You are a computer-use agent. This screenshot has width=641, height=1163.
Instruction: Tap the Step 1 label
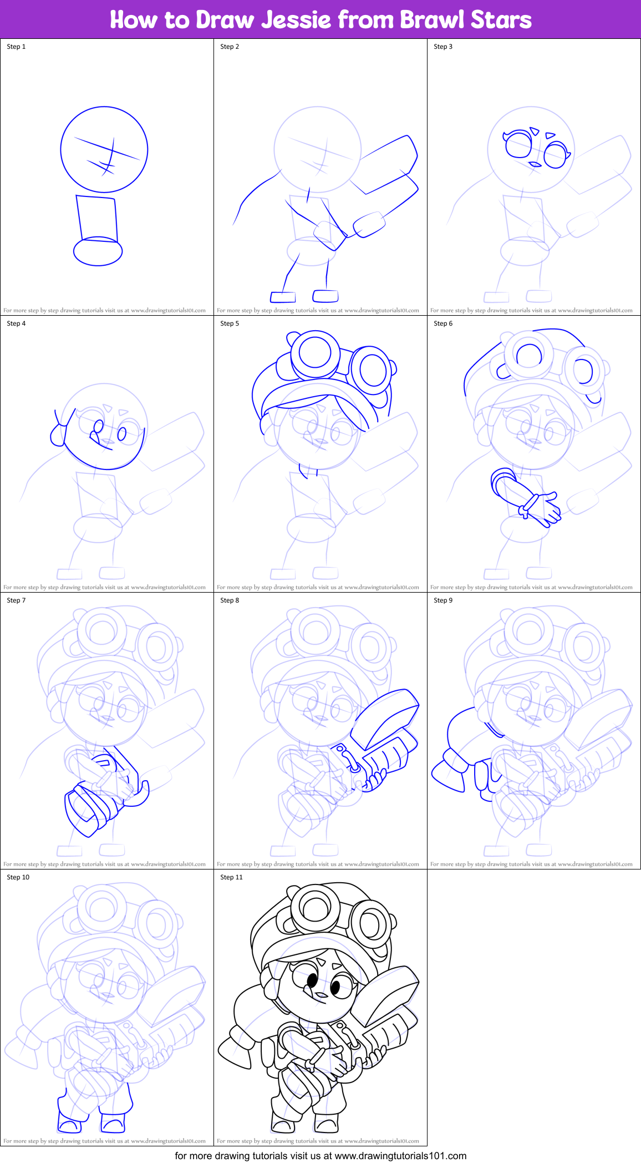point(16,47)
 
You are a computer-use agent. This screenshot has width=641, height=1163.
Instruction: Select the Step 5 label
point(230,323)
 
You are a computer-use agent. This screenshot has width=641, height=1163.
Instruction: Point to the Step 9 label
point(443,600)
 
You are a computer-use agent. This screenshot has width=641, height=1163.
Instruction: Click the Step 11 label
point(231,877)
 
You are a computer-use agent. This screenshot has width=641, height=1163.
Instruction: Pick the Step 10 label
point(18,877)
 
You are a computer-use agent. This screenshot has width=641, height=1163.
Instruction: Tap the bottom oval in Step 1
point(98,252)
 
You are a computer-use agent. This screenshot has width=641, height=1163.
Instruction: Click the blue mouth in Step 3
point(535,164)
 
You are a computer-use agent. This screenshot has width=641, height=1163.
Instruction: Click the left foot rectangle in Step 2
point(283,297)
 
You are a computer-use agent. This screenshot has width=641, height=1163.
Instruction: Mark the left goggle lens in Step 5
point(315,352)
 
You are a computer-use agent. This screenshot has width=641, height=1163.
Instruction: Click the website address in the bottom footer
point(400,1156)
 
